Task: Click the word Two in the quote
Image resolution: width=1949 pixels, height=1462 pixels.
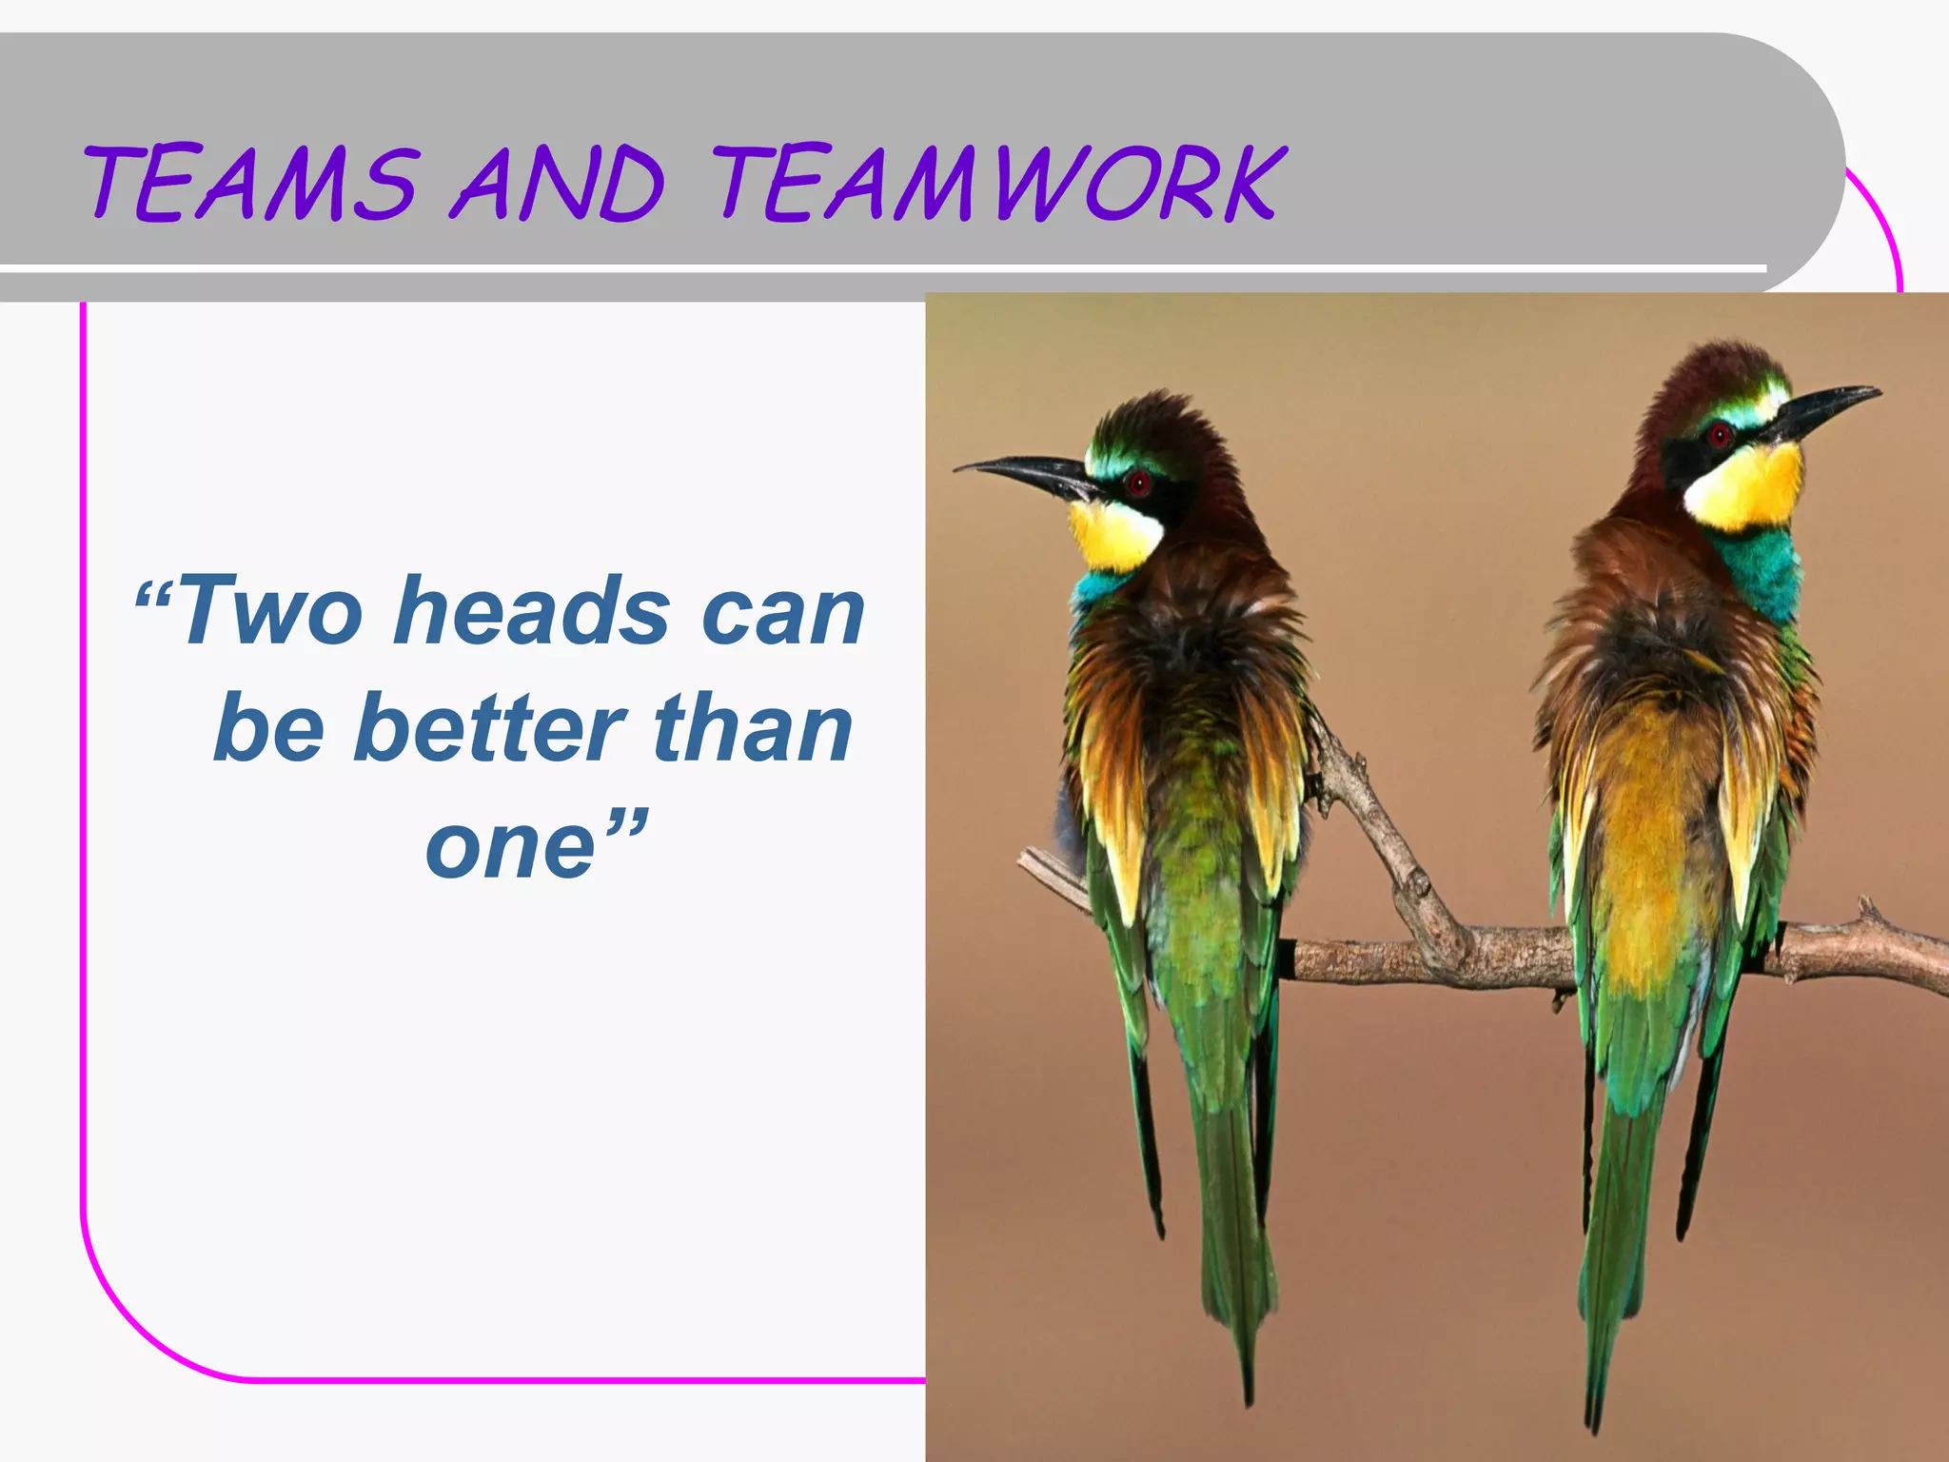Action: click(271, 611)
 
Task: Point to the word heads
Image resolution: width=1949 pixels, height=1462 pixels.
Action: click(532, 611)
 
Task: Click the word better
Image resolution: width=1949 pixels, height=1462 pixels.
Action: click(490, 729)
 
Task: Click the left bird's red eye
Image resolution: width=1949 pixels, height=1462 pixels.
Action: click(1138, 483)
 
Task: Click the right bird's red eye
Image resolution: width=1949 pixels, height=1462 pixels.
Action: click(1719, 436)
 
